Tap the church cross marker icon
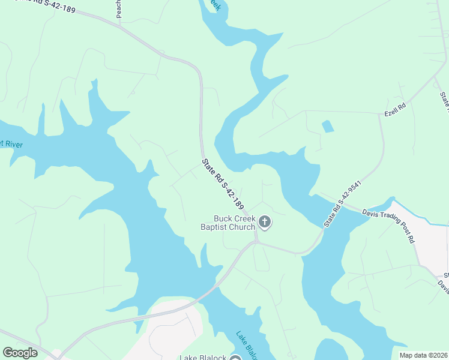(x=264, y=223)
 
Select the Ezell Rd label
(x=396, y=109)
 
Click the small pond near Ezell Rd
(x=328, y=127)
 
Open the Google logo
(x=20, y=353)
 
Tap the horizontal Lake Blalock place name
(x=203, y=358)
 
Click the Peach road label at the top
(x=119, y=8)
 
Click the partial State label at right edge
(x=444, y=102)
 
